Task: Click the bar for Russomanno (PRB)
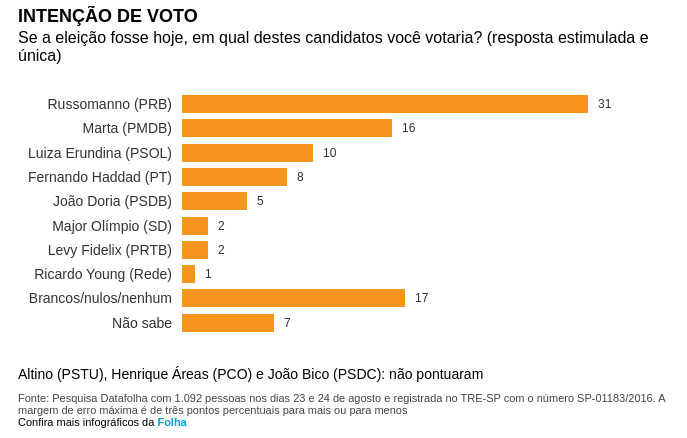coord(385,104)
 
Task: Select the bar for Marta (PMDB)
coord(287,128)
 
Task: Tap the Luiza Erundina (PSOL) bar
coord(247,153)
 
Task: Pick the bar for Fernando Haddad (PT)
coord(234,177)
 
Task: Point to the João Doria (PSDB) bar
coord(214,201)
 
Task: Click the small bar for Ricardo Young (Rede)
coord(188,274)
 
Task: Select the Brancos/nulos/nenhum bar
coord(293,298)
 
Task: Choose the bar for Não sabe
coord(228,323)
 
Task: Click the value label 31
coord(604,104)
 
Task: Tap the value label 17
coord(421,298)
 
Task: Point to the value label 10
coord(329,153)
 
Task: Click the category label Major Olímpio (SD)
coord(112,226)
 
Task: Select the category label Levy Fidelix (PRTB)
coord(110,250)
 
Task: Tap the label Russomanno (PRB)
coord(110,104)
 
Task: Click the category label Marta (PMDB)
coord(127,128)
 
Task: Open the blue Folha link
coord(172,422)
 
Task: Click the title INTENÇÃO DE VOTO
coord(108,16)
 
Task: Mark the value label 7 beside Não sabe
coord(287,323)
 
